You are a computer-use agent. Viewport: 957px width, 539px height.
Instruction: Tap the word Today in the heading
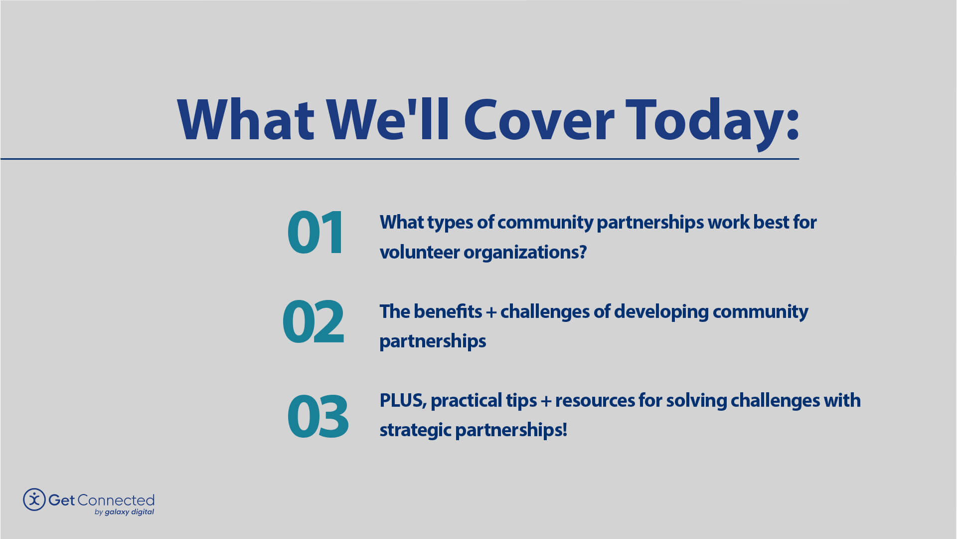click(x=703, y=121)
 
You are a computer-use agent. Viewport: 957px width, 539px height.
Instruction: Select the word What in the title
click(x=245, y=121)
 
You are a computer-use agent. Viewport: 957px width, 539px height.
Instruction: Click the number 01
click(x=315, y=233)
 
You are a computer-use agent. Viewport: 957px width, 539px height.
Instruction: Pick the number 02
click(x=313, y=322)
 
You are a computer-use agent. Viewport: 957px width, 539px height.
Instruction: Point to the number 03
click(x=318, y=416)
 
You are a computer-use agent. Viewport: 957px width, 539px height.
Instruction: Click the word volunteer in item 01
click(x=419, y=252)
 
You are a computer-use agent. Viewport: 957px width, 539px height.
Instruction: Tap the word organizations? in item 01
click(x=525, y=252)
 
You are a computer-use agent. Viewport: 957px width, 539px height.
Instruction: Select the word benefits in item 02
click(x=448, y=311)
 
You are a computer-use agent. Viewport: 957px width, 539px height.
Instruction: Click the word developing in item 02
click(x=661, y=311)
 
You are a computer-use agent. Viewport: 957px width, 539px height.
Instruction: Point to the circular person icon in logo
click(x=34, y=500)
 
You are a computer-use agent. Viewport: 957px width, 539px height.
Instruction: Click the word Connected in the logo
click(x=116, y=500)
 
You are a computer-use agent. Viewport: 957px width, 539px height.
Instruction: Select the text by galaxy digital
click(x=124, y=512)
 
